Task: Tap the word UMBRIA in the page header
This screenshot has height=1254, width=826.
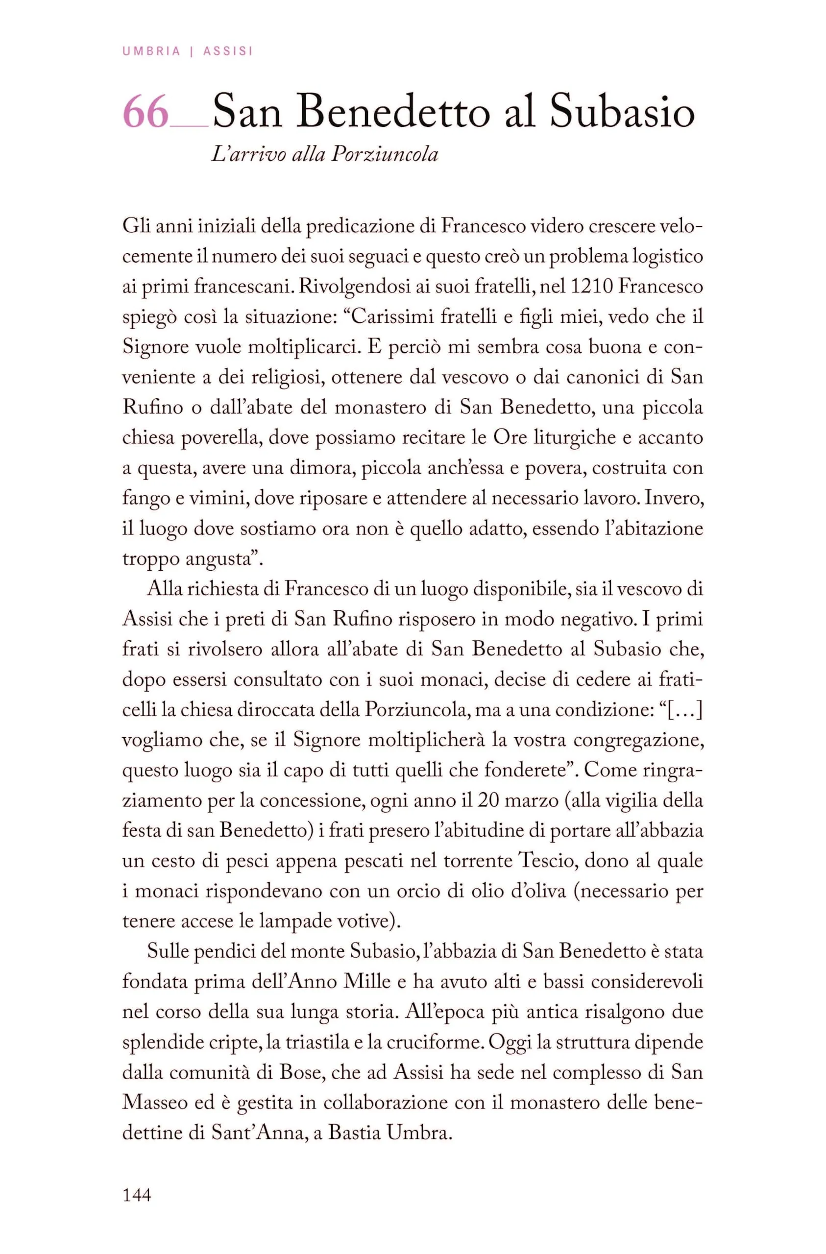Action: pos(151,51)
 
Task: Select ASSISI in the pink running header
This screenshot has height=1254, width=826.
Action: pos(228,51)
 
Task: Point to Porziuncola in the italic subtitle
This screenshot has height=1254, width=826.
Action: pos(385,154)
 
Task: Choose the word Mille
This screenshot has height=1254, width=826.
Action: pos(367,982)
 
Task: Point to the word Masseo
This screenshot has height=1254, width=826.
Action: pos(152,1102)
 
